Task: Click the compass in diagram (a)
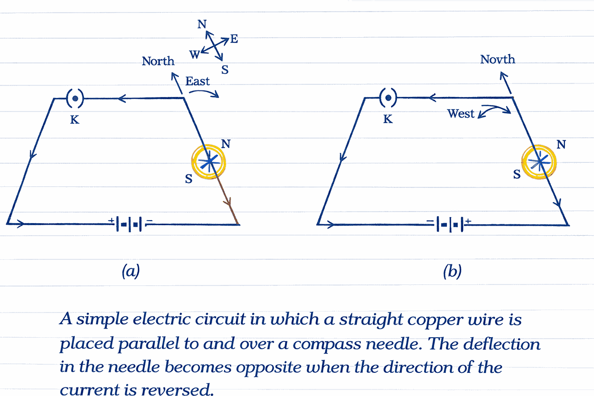pos(209,162)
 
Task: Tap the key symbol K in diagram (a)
pos(74,98)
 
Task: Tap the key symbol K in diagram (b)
pos(387,97)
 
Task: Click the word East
pos(197,81)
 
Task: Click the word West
pos(461,114)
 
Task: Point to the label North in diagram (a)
pos(158,61)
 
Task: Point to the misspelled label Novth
pos(498,59)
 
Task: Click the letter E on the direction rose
pos(234,39)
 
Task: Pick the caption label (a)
pos(130,272)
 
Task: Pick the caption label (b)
pos(451,272)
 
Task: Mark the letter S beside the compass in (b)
pos(516,174)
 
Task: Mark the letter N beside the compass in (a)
pos(226,144)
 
